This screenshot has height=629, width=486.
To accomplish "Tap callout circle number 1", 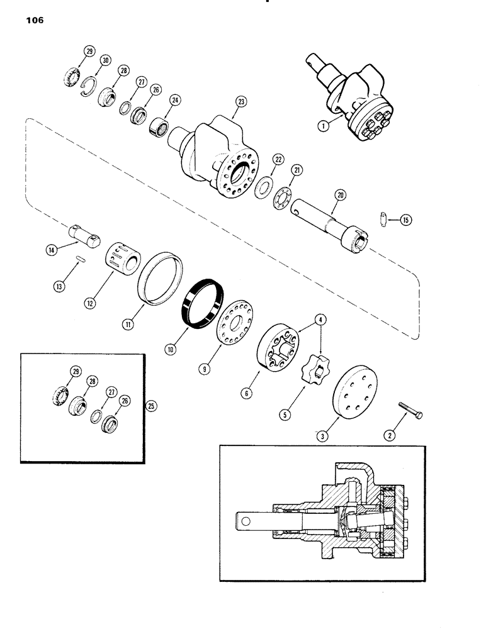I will coord(324,126).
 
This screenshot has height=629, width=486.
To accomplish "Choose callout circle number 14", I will coord(51,249).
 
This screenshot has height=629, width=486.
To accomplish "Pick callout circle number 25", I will coord(150,406).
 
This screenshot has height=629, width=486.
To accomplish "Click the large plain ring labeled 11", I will coord(161,277).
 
